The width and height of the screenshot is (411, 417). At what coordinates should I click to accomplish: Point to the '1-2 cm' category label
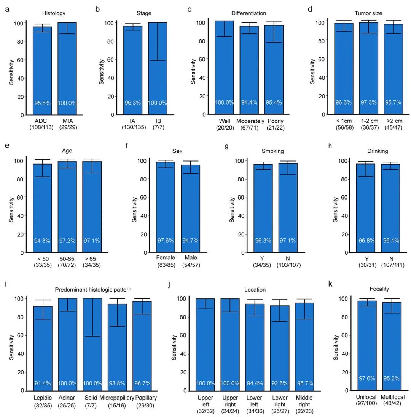tap(368, 121)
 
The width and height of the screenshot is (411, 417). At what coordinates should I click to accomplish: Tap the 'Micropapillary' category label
tap(117, 398)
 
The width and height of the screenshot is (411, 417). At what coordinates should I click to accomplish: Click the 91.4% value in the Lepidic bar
tap(43, 383)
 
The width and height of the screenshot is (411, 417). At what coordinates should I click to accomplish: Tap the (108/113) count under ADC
tap(42, 127)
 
